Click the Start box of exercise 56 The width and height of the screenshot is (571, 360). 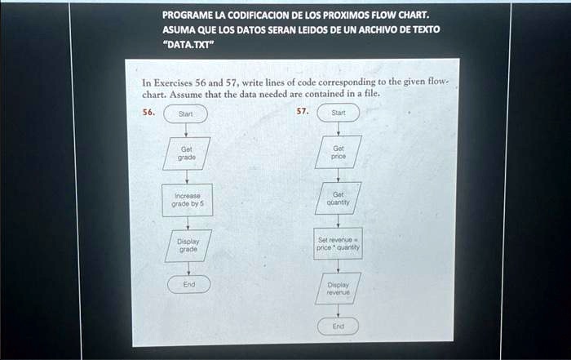point(187,114)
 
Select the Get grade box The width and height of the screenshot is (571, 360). point(187,153)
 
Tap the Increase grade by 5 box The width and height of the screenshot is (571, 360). point(188,200)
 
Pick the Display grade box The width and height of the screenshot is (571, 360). point(187,245)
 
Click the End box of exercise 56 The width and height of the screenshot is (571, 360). point(188,284)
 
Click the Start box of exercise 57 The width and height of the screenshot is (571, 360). point(339,113)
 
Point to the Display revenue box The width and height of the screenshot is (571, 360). point(339,287)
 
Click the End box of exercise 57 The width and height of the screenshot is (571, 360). point(339,326)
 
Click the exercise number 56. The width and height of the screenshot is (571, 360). point(148,112)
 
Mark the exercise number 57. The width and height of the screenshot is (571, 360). point(302,111)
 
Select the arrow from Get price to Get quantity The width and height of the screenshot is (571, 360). point(339,175)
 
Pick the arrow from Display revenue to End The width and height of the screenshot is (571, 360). point(339,309)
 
